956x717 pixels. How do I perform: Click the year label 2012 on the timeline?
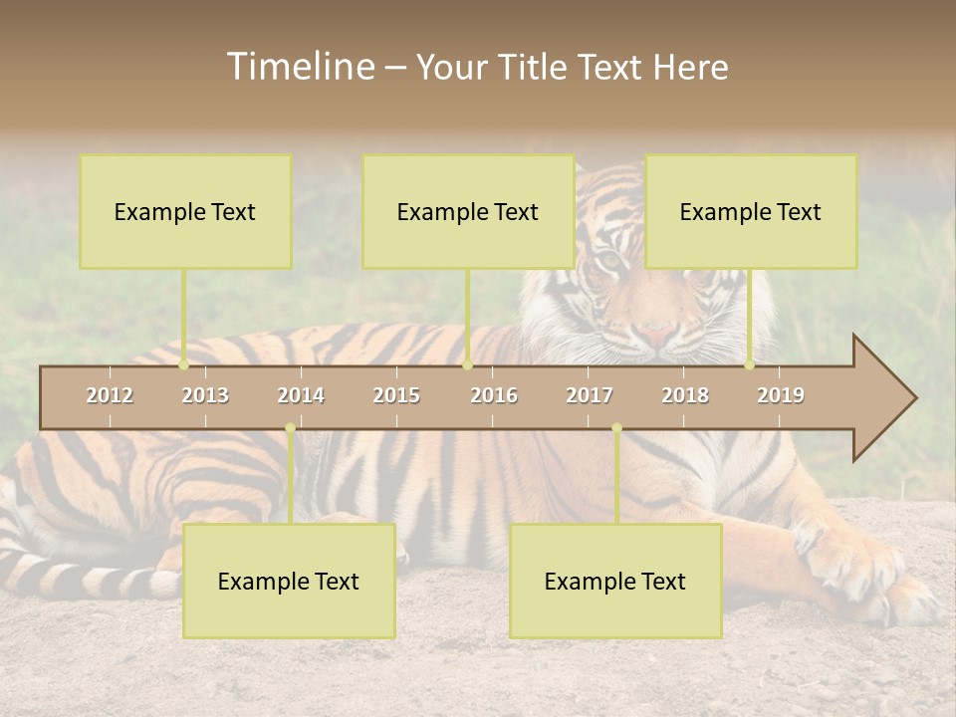(x=110, y=395)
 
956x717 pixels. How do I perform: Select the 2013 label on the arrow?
(x=205, y=395)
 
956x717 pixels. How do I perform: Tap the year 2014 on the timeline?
(x=301, y=395)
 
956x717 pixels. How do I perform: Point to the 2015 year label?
(x=396, y=395)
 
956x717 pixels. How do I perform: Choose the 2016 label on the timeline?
(x=494, y=395)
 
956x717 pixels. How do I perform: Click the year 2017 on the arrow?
(x=590, y=395)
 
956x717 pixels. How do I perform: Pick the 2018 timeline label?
(x=685, y=395)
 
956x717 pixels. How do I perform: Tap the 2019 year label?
(x=781, y=395)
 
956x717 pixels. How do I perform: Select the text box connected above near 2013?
(x=185, y=211)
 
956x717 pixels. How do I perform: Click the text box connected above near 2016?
(x=468, y=211)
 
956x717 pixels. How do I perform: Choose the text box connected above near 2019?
(x=751, y=211)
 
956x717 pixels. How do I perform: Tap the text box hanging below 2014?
(x=289, y=581)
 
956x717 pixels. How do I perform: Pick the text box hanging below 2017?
(x=615, y=581)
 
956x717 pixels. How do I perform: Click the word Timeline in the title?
(x=300, y=67)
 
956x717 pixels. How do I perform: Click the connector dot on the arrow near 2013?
(x=184, y=365)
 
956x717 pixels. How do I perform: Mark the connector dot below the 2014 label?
(x=290, y=428)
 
